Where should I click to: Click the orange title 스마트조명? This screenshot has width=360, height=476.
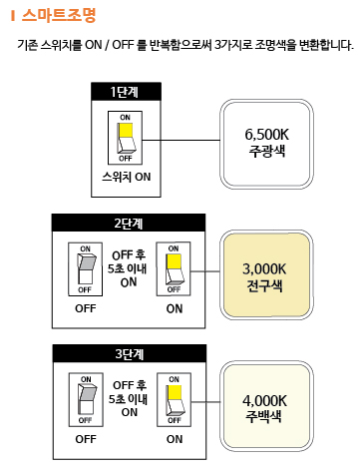tap(59, 15)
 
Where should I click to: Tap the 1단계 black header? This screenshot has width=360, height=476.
tap(126, 92)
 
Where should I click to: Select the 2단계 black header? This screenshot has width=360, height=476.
tap(129, 223)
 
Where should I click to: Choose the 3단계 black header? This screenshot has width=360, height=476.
tap(130, 353)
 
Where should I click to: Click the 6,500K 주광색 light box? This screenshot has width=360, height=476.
tap(266, 144)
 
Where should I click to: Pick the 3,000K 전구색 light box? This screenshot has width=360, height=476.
tap(266, 274)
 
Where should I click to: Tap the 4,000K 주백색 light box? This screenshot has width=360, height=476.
tap(266, 406)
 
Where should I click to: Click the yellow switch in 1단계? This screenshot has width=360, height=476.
tap(125, 138)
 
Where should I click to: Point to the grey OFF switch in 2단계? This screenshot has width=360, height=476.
tap(85, 269)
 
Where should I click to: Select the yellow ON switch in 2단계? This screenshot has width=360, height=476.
tap(174, 268)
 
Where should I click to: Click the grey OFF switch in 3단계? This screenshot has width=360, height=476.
tap(86, 400)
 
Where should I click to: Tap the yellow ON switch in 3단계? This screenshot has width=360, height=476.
tap(174, 400)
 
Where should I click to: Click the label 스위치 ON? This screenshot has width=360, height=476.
tap(127, 177)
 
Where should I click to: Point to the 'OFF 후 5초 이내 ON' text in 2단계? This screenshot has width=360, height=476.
tap(128, 268)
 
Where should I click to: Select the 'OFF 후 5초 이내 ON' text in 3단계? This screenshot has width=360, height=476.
tap(129, 399)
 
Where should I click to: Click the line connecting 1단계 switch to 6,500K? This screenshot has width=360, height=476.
tap(181, 140)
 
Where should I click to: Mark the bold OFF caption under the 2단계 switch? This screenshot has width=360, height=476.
tap(86, 308)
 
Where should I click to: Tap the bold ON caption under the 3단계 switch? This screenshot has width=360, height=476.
tap(175, 439)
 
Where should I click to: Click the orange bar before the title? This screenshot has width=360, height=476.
tap(13, 15)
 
